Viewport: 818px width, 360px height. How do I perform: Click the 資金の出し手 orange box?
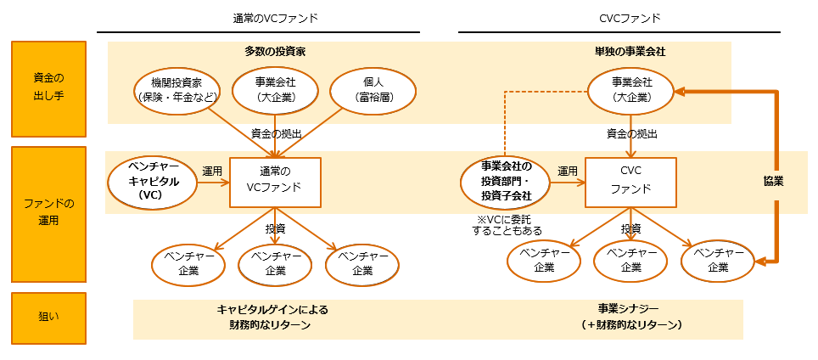(x=48, y=88)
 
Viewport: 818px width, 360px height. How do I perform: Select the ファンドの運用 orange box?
(x=48, y=214)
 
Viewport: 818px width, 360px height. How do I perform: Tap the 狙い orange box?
(x=48, y=318)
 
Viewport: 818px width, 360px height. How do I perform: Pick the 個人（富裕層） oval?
(x=373, y=90)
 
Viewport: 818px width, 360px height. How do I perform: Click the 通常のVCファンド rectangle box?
(x=275, y=182)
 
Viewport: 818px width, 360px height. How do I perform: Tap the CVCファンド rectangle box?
(x=630, y=180)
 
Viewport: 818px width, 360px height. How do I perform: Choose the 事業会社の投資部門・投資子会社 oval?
(x=505, y=182)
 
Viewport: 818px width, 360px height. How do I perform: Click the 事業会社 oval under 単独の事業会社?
(x=631, y=90)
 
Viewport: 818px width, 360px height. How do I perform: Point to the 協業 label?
(x=773, y=181)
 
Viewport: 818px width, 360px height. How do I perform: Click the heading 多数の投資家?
(x=275, y=52)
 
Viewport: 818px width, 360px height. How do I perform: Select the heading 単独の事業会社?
(x=630, y=52)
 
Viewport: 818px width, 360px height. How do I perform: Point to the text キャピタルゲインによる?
(x=272, y=310)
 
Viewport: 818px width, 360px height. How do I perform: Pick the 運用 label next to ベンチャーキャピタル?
(x=212, y=171)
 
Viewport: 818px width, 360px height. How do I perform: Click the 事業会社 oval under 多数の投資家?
(x=275, y=90)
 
